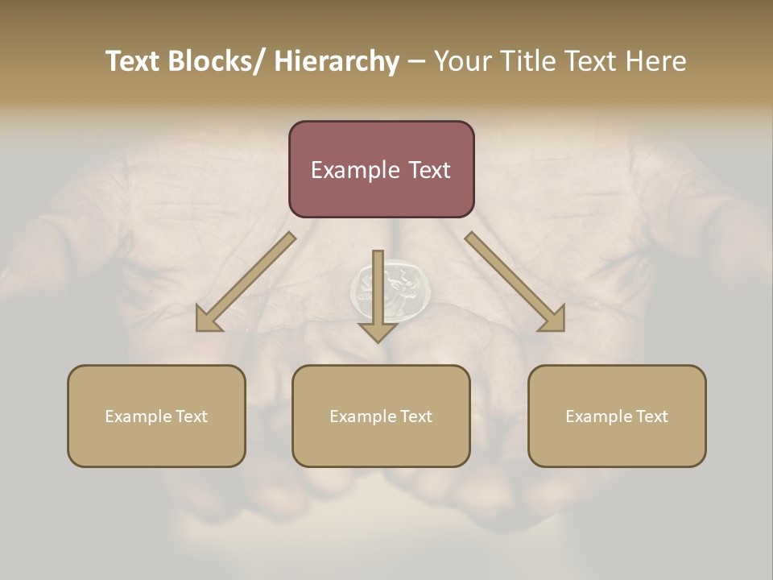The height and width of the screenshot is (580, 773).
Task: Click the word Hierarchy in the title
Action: (x=337, y=62)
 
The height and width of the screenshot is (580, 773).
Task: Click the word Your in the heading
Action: (x=462, y=62)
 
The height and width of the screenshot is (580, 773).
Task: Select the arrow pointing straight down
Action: (x=378, y=298)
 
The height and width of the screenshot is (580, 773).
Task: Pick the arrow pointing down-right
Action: (x=515, y=282)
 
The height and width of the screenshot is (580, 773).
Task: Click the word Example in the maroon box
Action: (x=351, y=170)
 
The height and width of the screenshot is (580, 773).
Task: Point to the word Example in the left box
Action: (x=138, y=416)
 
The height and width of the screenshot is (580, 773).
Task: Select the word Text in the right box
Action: (x=652, y=416)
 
